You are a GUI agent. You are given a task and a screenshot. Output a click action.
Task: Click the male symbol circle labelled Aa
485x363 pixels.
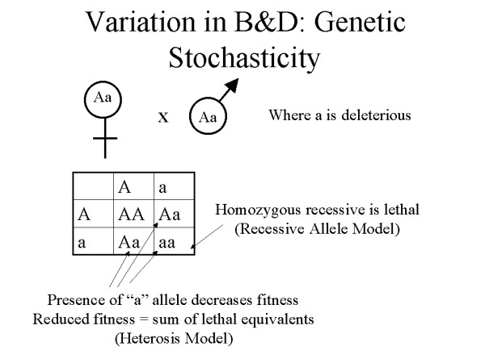[x=208, y=116]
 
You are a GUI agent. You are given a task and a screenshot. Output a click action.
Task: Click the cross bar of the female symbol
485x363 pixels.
[x=103, y=144]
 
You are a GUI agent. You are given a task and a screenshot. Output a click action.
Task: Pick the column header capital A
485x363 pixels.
[x=124, y=188]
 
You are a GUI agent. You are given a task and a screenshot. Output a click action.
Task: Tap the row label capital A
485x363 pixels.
[x=82, y=215]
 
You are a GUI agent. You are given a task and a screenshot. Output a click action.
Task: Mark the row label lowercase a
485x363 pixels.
[x=82, y=240]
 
